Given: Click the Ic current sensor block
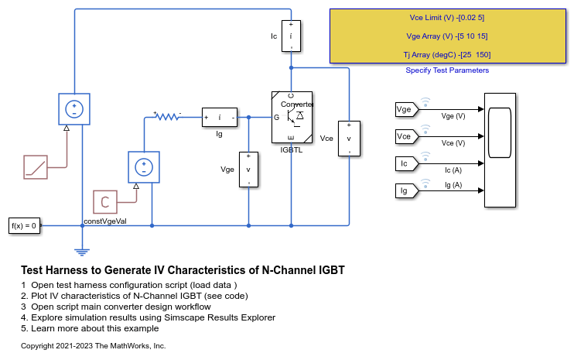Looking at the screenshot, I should [291, 36].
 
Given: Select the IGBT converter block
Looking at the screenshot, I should [291, 118].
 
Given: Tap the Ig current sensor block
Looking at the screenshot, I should [219, 118].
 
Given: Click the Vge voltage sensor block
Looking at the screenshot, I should [248, 169].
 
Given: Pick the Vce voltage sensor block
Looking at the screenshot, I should [349, 139].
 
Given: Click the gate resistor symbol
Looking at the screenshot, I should [167, 117].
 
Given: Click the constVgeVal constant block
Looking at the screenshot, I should [104, 202].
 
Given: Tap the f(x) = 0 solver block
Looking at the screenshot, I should [23, 225].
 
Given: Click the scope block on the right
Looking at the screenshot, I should [500, 150].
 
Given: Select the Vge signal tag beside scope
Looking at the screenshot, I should [405, 110].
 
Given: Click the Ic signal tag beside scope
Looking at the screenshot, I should [405, 163].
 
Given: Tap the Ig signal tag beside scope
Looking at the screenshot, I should [405, 190].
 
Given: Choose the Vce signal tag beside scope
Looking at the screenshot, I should [405, 136].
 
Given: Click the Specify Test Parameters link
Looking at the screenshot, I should [447, 70].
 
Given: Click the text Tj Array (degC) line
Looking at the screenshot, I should [448, 54].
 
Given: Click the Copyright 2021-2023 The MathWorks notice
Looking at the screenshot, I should [94, 345].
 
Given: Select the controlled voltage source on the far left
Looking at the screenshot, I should [74, 109].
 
